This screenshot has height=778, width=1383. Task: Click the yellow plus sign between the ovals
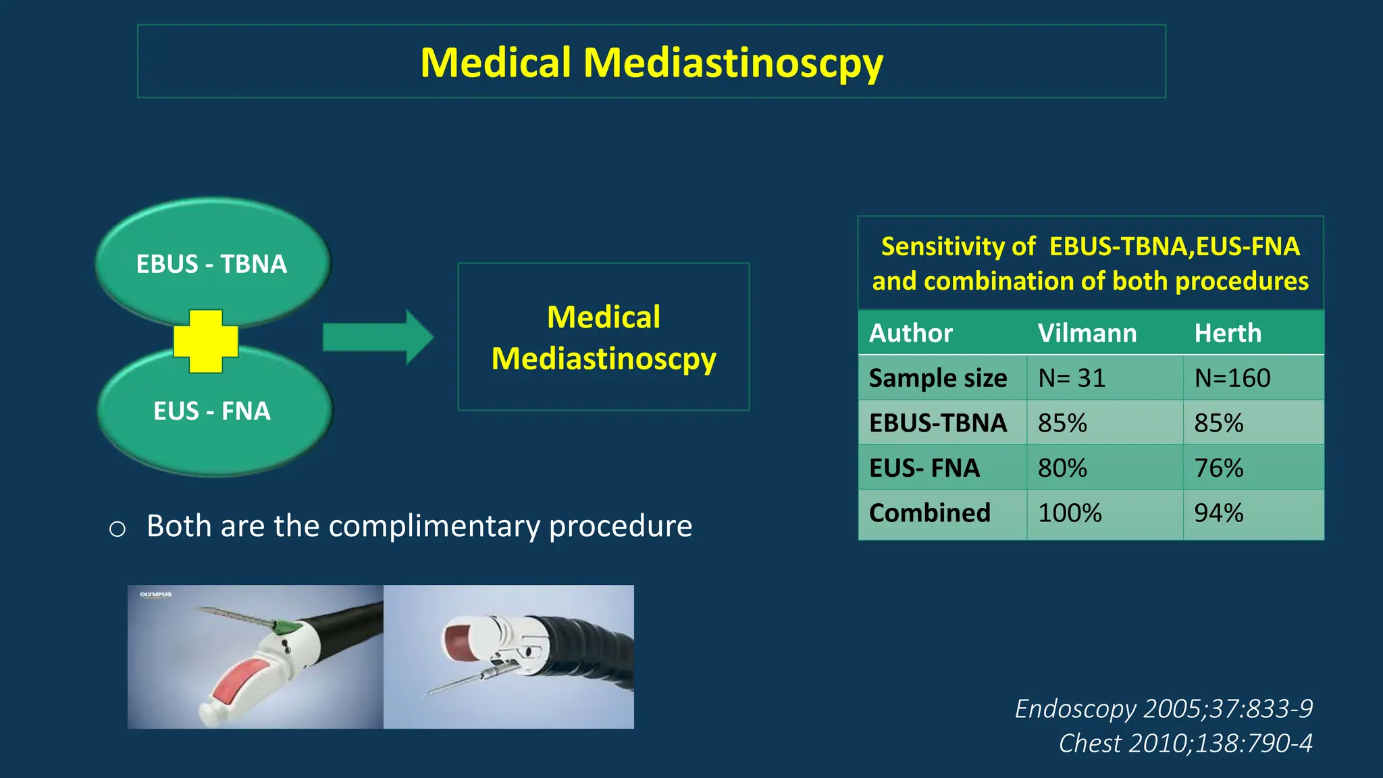(x=206, y=341)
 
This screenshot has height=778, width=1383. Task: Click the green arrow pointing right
(x=377, y=337)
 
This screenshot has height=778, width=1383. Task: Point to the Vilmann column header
(x=1087, y=333)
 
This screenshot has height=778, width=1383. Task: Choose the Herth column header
(x=1228, y=333)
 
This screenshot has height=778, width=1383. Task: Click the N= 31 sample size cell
(x=1072, y=378)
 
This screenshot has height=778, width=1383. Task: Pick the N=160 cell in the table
(x=1232, y=378)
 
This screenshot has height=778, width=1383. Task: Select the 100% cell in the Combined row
(x=1070, y=513)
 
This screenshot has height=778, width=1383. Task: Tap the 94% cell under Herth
(x=1219, y=513)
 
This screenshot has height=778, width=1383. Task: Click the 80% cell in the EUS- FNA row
(x=1063, y=468)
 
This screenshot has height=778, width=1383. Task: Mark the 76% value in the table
(x=1219, y=468)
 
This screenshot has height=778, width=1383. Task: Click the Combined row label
(x=930, y=513)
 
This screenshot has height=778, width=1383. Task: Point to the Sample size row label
(x=938, y=378)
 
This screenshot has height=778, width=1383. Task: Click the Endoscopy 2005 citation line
(x=1164, y=708)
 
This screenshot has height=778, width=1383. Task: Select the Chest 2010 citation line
(x=1185, y=743)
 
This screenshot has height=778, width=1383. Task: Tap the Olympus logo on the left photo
(x=156, y=594)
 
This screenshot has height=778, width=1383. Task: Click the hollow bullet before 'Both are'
(x=118, y=529)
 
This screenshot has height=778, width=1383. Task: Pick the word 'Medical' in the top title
(x=496, y=63)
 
